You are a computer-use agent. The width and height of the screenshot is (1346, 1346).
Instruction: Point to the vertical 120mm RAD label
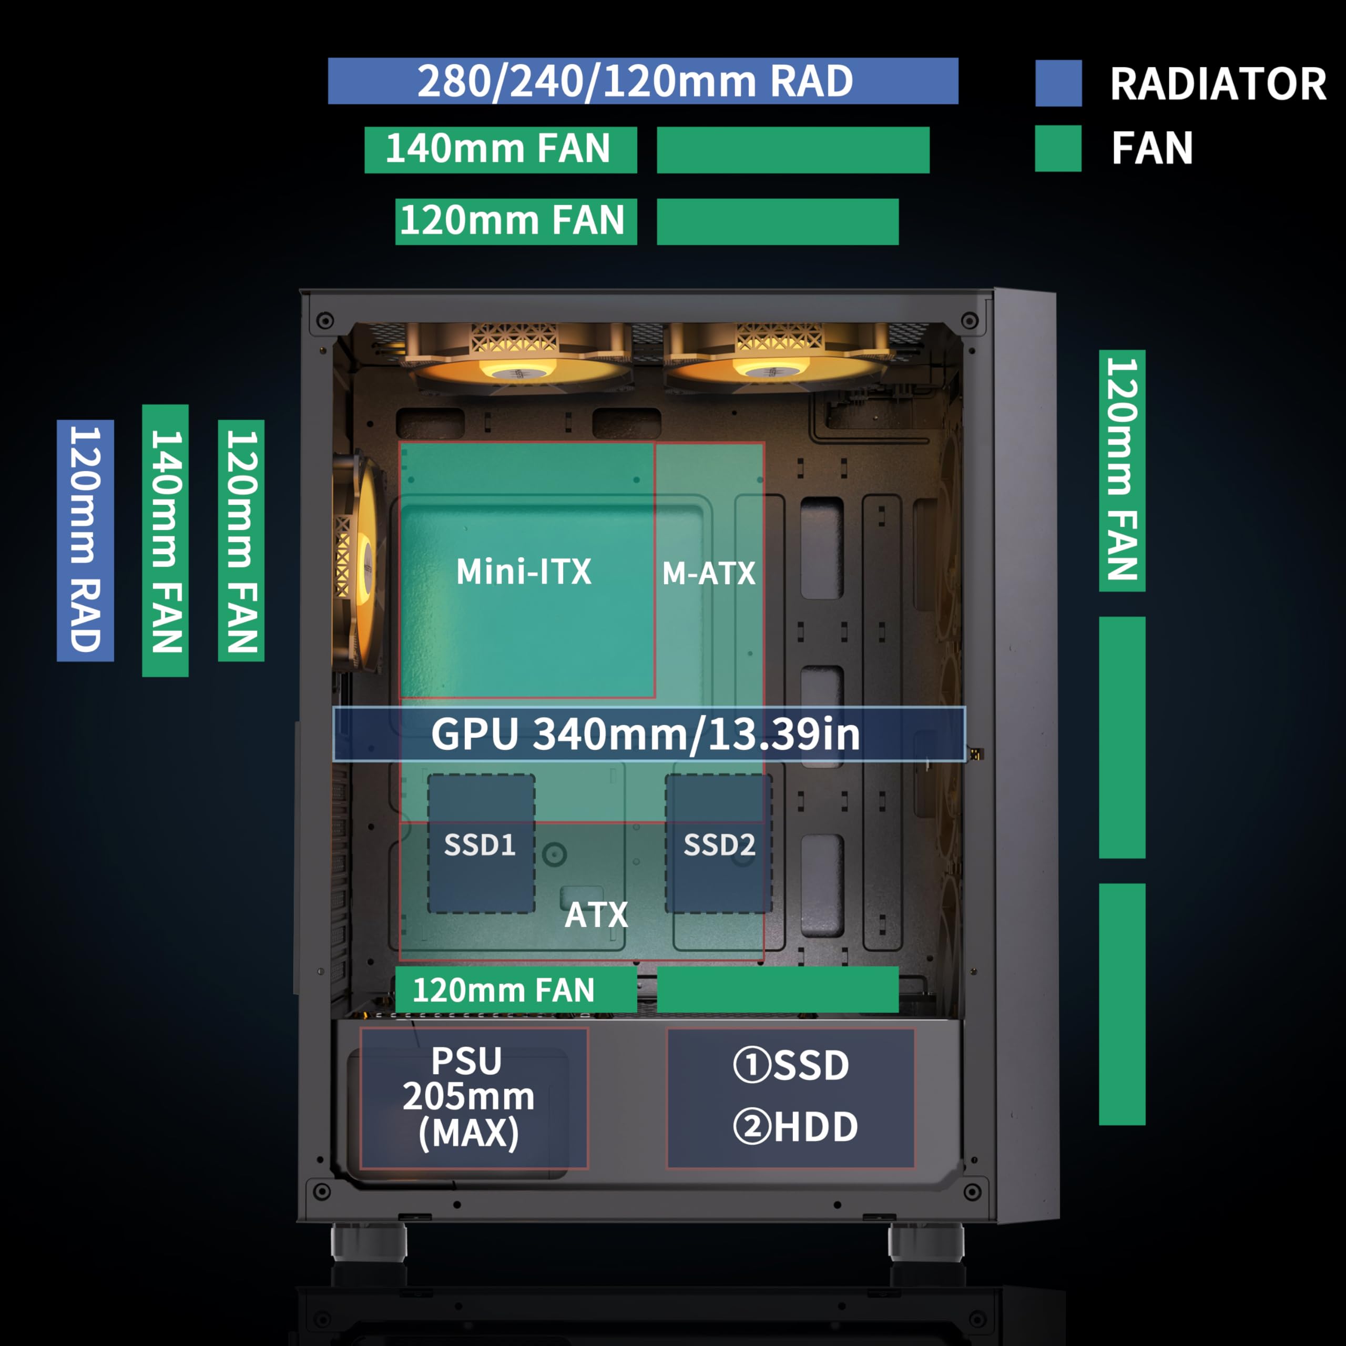pos(85,540)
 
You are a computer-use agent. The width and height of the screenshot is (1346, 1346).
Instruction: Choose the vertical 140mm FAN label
pos(165,540)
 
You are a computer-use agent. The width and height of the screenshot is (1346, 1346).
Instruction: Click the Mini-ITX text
pos(523,572)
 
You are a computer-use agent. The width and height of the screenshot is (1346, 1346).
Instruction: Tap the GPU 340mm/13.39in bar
pos(648,733)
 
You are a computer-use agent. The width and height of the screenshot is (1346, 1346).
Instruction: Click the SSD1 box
pos(481,844)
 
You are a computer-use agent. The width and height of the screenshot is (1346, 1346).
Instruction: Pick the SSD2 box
pos(718,844)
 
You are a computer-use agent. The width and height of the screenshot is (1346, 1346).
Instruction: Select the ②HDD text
pos(795,1127)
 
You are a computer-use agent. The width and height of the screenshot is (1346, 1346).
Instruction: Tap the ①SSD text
pos(791,1065)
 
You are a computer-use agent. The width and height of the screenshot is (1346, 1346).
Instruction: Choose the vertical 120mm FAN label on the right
pos(1121,470)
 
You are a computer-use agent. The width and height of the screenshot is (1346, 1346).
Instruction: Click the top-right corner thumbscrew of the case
pos(969,321)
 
